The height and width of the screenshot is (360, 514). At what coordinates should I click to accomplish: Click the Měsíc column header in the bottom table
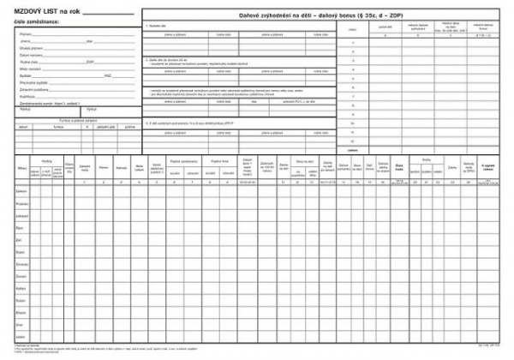pyautogui.click(x=21, y=170)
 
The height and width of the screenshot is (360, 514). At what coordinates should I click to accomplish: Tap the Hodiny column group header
pyautogui.click(x=46, y=161)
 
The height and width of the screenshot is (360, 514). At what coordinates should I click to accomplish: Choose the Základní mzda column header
pyautogui.click(x=83, y=169)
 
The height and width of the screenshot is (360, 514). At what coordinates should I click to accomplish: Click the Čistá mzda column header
pyautogui.click(x=400, y=168)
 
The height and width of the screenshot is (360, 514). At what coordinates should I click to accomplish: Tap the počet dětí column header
pyautogui.click(x=383, y=28)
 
